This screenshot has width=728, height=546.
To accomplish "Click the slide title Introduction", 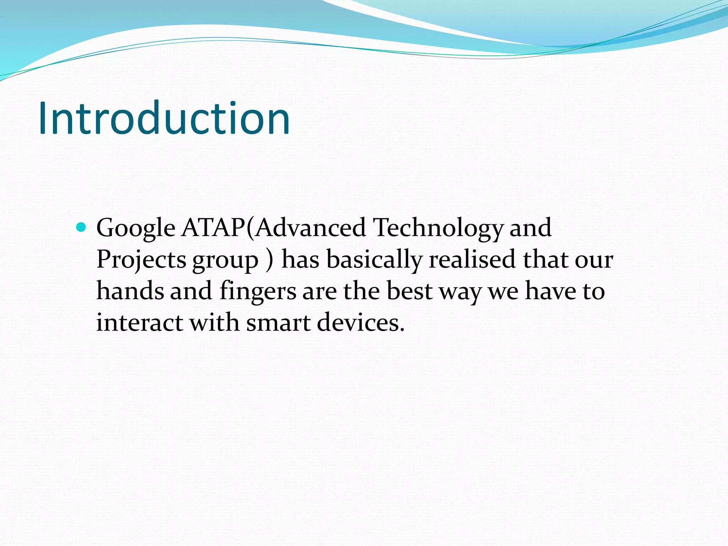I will point(164,118).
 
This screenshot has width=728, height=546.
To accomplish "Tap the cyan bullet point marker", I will point(81,227).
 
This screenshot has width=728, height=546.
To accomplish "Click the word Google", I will point(136,228).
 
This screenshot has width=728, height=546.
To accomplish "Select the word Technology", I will point(438,228).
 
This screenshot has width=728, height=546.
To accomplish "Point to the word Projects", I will point(141,260).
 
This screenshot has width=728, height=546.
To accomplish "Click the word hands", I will point(130,291).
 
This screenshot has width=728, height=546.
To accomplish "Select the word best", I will point(409,291).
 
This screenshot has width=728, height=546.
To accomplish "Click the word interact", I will point(140,322).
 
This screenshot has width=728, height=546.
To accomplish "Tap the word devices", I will point(360,322).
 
